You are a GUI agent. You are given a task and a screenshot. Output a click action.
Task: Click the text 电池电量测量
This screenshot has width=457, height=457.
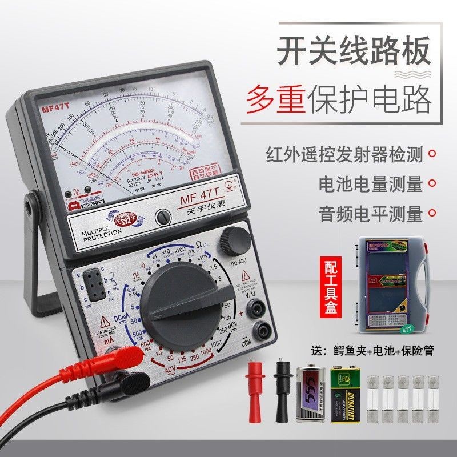coord(371,184)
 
